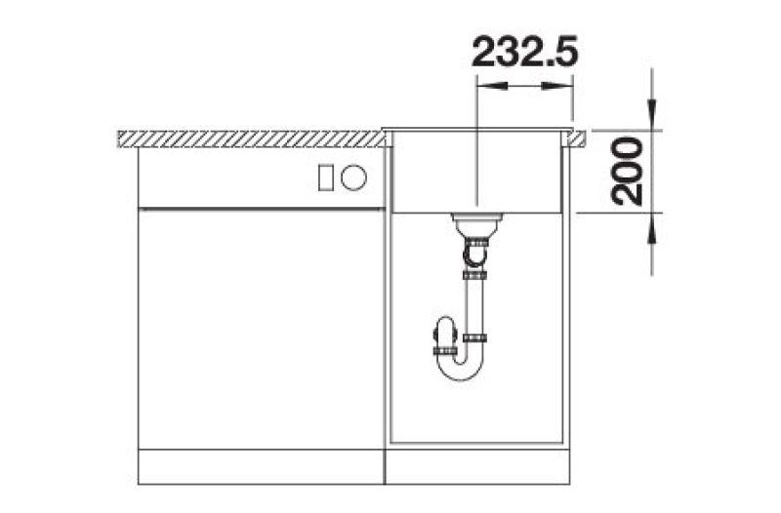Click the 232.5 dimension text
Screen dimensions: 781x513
(x=524, y=52)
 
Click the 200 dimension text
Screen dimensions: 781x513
(x=627, y=172)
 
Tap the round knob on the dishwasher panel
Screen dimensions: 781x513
(x=353, y=178)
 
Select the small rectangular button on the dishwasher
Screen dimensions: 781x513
(x=326, y=178)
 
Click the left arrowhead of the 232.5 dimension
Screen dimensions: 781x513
(x=492, y=86)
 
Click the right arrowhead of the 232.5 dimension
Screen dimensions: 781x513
(x=557, y=86)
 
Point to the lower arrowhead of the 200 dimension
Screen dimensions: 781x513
(x=652, y=228)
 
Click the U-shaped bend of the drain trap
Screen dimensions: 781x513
(x=460, y=370)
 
